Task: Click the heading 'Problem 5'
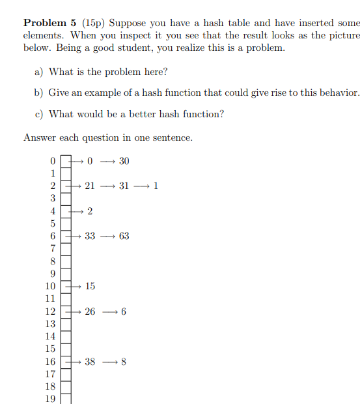(51, 23)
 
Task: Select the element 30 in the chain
(124, 161)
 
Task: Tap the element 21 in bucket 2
(90, 186)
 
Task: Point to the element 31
(124, 186)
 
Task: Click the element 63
(124, 236)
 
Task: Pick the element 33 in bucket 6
(90, 236)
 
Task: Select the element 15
(90, 286)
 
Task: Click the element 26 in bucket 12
(90, 311)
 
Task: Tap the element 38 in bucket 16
(90, 362)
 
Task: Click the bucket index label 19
(50, 399)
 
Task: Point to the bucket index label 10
(50, 286)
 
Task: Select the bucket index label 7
(53, 248)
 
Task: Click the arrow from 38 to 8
(108, 362)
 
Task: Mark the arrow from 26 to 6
(108, 311)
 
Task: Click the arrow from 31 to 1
(141, 186)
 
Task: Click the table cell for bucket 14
(66, 336)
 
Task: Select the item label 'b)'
(39, 93)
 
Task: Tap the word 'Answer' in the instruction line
(39, 137)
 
